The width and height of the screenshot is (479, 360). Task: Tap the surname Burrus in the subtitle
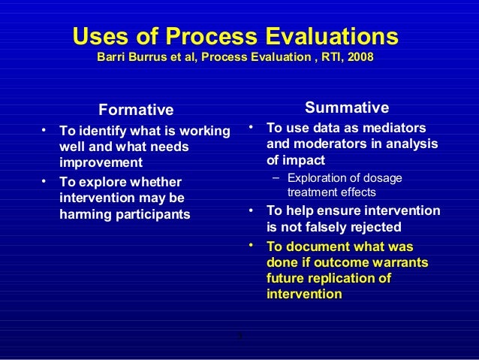tap(156, 57)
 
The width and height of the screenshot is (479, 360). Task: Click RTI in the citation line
tap(325, 57)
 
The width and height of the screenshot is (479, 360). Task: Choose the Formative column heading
tap(136, 110)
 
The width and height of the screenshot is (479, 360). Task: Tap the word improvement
tap(101, 162)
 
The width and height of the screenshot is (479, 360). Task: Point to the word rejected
tap(378, 226)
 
